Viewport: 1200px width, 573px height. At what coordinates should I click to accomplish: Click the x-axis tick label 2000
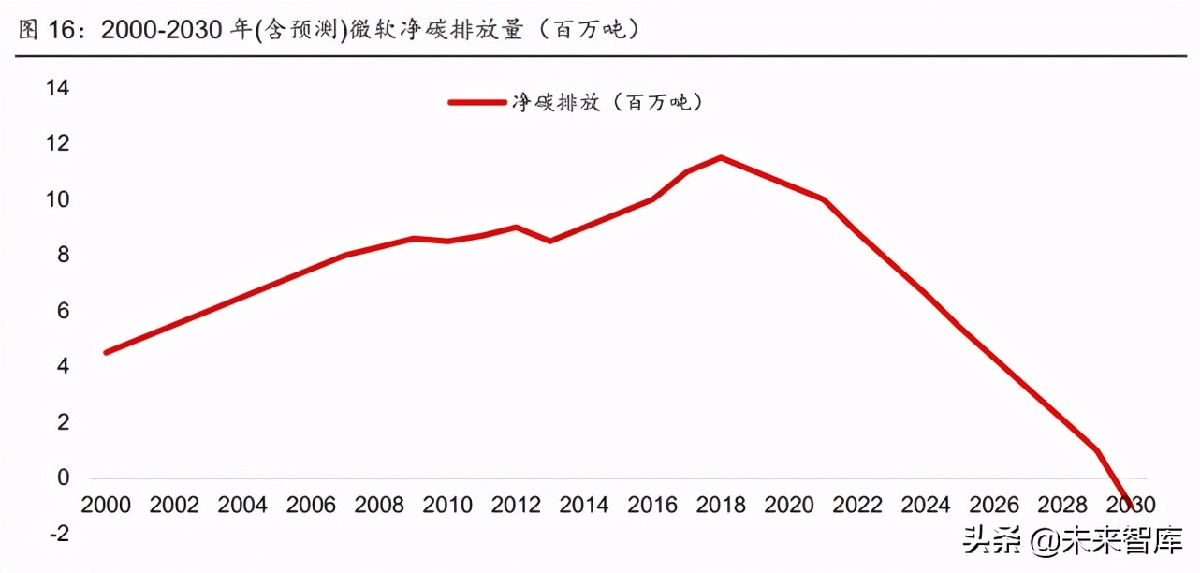coord(106,506)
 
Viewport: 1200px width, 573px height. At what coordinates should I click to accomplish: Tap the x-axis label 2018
coord(721,506)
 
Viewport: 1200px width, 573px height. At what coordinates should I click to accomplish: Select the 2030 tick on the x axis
coord(1131,506)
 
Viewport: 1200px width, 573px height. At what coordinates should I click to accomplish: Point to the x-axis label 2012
coord(516,506)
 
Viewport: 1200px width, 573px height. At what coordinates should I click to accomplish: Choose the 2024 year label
coord(926,506)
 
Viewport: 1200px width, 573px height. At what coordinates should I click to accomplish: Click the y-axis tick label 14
coord(57,89)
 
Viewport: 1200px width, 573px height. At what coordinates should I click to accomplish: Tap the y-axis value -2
coord(59,534)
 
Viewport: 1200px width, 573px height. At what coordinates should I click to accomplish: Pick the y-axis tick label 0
coord(63,477)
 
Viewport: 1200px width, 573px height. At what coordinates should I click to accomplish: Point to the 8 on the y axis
coord(63,256)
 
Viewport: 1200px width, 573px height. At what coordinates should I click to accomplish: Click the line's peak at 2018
coord(721,157)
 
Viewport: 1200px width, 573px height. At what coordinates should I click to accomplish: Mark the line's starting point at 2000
coord(106,353)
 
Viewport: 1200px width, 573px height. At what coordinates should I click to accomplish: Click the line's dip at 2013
coord(550,241)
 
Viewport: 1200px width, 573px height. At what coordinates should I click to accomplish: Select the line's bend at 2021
coord(823,199)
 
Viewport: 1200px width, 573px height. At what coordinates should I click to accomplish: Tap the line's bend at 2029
coord(1096,450)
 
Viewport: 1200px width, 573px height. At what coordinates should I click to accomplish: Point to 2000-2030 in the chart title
coord(163,30)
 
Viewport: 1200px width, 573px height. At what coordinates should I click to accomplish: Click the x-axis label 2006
coord(311,506)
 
